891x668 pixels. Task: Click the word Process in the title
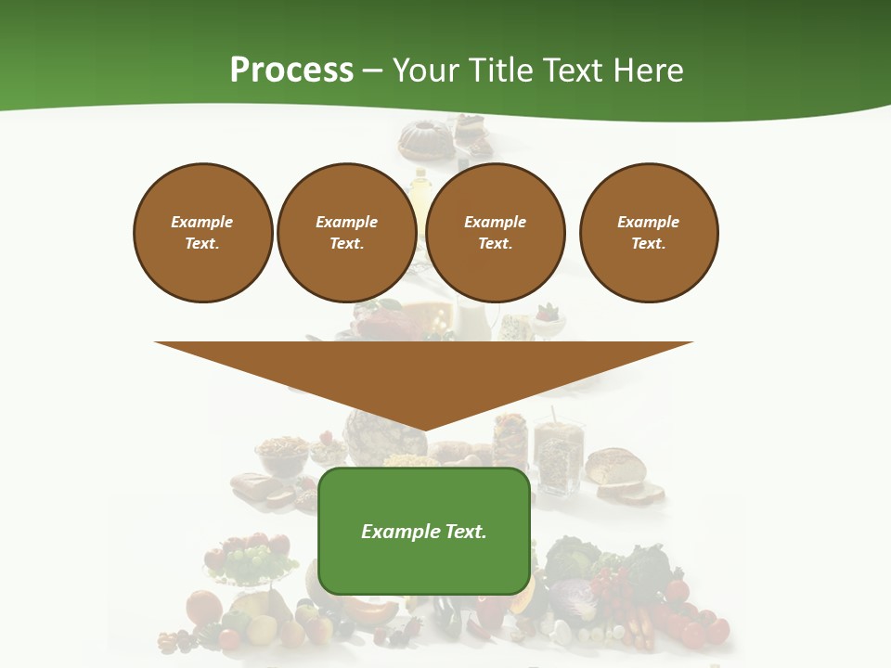coord(291,71)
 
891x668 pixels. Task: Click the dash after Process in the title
coord(373,71)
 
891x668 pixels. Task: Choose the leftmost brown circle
coord(203,233)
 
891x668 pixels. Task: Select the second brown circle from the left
coord(347,233)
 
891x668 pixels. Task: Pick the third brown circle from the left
coord(496,233)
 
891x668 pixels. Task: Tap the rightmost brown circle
coord(649,233)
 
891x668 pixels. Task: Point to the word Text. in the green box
coord(465,532)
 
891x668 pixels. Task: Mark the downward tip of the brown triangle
coord(424,429)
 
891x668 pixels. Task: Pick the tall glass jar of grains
coord(559,455)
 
